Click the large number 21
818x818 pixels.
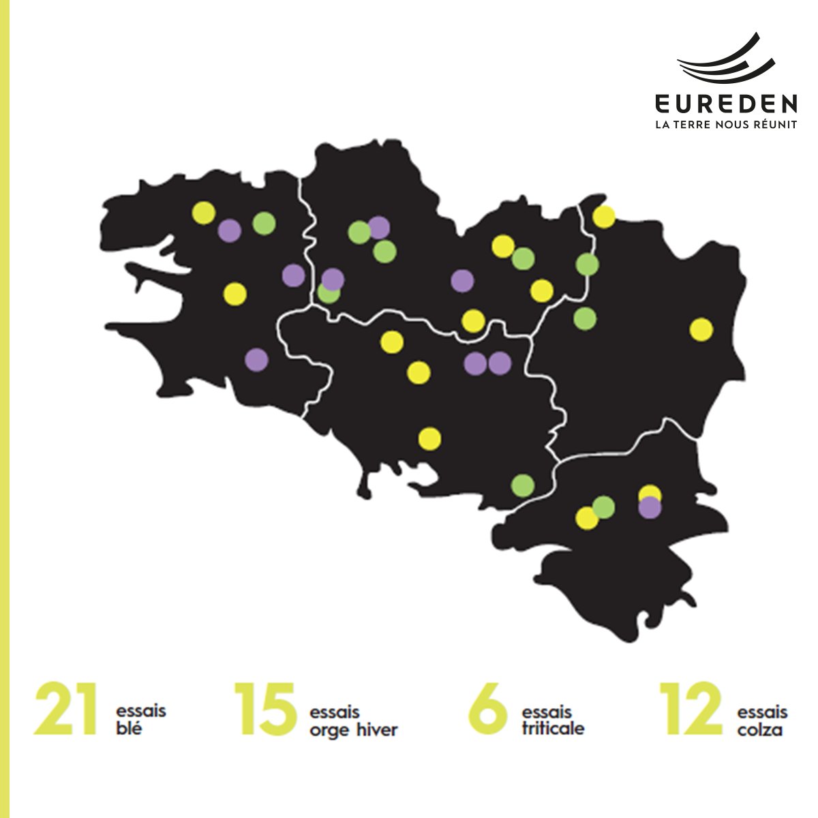click(65, 710)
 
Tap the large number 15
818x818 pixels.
click(266, 710)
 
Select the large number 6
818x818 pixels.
click(488, 710)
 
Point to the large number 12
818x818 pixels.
click(691, 710)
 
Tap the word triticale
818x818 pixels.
click(553, 728)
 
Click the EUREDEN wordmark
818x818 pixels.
click(726, 104)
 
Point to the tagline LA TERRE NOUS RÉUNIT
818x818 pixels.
click(726, 125)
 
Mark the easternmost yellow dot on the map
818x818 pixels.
click(701, 330)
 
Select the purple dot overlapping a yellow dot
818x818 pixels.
click(650, 507)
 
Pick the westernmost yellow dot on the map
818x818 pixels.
click(203, 213)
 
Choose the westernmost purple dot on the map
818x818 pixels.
click(230, 230)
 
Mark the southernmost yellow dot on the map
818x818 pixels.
click(586, 518)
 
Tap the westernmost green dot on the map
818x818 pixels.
click(264, 223)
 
